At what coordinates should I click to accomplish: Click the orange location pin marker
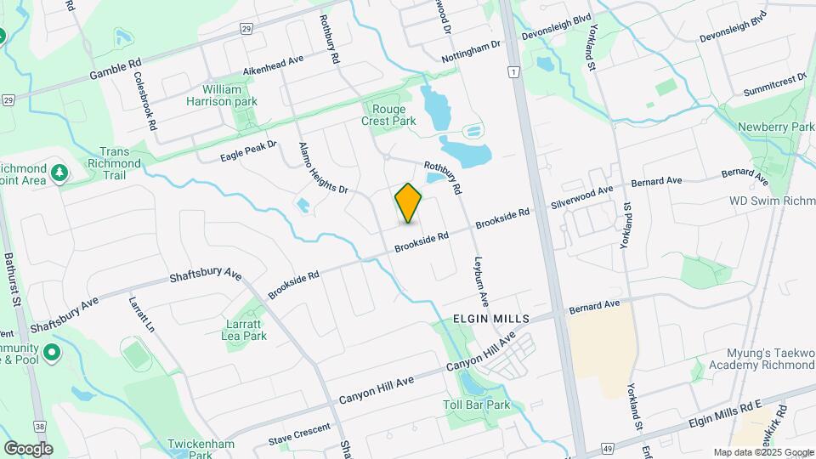coord(408,203)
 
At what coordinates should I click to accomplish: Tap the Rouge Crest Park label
coord(393,115)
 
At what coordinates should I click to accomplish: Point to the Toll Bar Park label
coord(476,405)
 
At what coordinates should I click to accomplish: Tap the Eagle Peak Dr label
coord(249,150)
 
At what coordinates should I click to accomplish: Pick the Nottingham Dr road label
coord(477,51)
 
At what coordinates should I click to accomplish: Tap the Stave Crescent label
coord(299,435)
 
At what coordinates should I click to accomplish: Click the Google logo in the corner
coord(28,448)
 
